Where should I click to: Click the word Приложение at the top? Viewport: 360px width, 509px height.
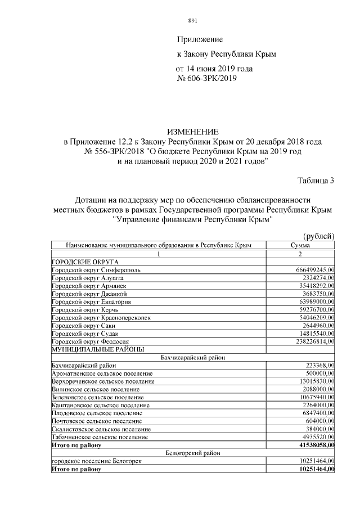[200, 39]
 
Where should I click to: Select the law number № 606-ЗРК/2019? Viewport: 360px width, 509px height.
[207, 79]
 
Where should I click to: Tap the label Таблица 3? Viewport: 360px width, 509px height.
[316, 181]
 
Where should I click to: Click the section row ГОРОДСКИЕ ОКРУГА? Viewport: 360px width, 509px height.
[85, 262]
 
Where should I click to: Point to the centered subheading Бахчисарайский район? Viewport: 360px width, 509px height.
[193, 357]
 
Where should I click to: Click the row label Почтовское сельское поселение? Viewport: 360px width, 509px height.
[96, 421]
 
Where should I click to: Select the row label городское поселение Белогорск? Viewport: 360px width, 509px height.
[96, 461]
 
